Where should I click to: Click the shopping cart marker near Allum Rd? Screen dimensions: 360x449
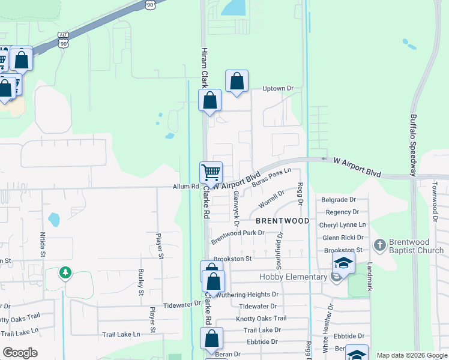(211, 173)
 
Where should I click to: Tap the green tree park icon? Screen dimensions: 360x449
(65, 273)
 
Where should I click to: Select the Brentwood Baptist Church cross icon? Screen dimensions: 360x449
(379, 245)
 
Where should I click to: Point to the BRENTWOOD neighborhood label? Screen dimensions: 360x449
(285, 221)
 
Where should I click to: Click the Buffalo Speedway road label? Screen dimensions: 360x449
(414, 145)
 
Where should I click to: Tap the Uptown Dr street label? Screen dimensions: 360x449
(278, 89)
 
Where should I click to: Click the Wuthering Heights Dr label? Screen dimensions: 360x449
(248, 295)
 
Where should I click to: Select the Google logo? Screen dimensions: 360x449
(20, 353)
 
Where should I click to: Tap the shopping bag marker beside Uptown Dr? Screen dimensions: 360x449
(237, 82)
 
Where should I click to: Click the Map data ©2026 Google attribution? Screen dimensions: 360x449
(411, 355)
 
